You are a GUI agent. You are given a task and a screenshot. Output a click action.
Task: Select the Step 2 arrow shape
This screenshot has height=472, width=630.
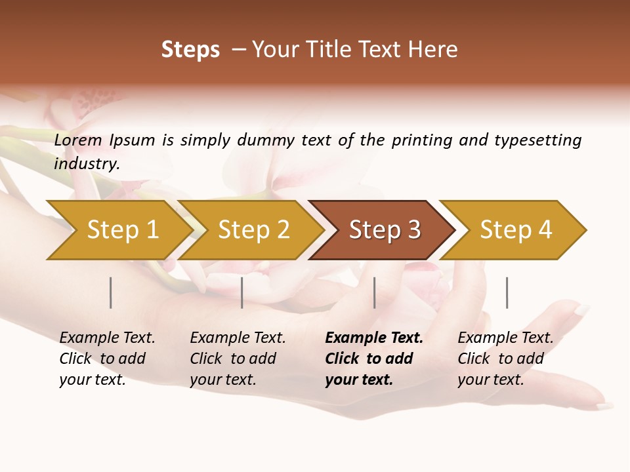253,229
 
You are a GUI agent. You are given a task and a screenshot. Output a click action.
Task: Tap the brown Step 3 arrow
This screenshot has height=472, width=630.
385,229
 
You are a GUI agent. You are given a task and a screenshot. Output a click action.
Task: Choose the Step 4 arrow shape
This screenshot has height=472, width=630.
516,229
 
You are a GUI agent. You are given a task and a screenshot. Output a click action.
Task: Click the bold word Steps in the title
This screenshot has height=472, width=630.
190,50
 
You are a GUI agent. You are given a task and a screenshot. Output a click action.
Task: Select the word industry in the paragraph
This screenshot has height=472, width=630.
86,164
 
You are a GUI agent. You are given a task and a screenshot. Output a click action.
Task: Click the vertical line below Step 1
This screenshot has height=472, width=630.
111,292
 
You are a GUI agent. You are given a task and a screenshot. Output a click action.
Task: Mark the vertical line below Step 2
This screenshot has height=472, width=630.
242,292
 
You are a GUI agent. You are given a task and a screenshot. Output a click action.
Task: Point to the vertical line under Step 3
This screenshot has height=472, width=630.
374,292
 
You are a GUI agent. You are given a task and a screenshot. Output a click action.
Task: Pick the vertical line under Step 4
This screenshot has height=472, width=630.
507,292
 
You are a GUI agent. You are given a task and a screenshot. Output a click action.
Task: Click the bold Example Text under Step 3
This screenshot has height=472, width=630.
374,338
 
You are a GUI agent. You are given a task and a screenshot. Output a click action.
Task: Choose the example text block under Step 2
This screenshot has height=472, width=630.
237,359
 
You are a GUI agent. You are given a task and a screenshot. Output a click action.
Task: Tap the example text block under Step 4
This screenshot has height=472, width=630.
505,359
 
